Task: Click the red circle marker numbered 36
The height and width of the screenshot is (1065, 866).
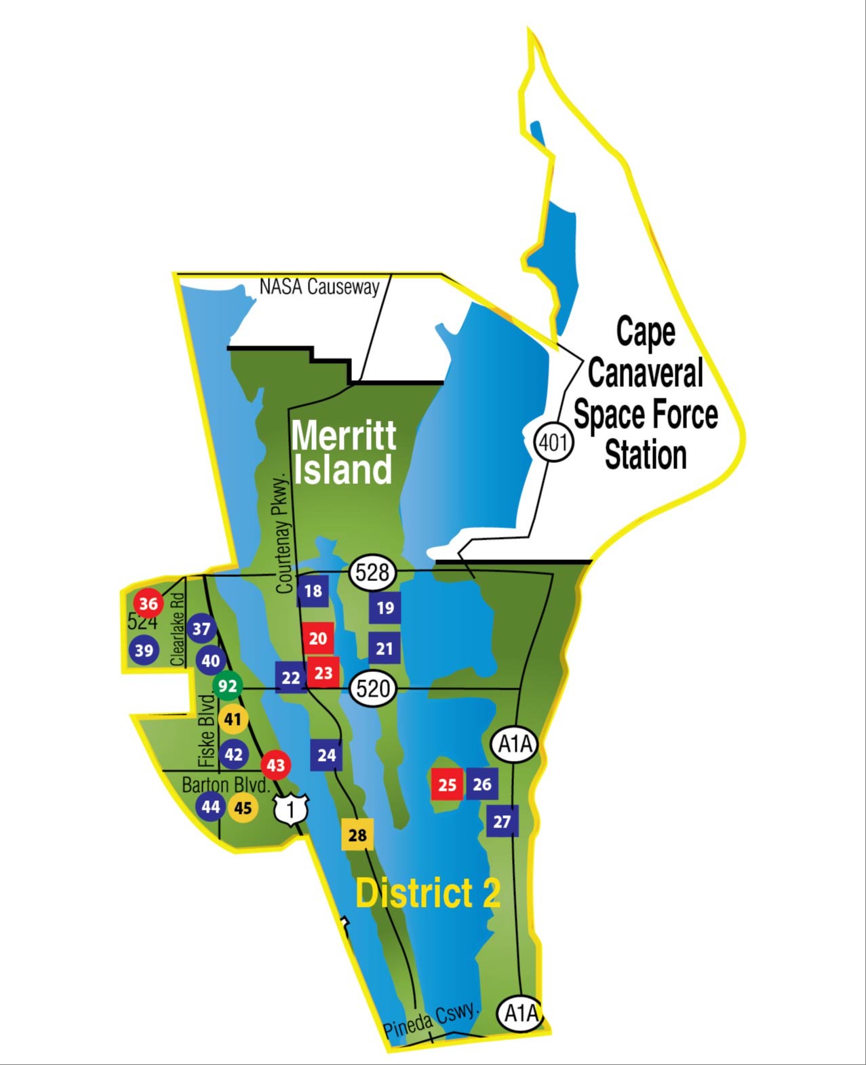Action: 148,603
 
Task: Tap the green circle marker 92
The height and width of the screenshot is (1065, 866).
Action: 227,686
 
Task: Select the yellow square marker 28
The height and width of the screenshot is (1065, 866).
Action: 357,835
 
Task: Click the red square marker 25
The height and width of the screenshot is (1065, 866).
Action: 447,785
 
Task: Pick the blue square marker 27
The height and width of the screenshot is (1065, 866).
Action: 502,822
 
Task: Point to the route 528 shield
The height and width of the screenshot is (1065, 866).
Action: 372,573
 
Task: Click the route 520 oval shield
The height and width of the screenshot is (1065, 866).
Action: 373,689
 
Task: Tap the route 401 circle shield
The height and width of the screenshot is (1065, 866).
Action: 554,443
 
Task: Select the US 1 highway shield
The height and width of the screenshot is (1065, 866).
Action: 291,809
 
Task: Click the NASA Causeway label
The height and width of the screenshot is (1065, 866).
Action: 319,287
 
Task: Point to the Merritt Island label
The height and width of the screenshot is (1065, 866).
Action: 343,453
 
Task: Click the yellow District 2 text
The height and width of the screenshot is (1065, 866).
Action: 428,893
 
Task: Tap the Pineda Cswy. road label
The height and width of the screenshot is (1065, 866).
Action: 431,1020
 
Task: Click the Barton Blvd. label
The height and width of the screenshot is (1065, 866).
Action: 226,785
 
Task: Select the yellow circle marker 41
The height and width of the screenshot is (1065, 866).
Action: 233,719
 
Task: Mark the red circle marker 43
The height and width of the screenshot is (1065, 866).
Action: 275,766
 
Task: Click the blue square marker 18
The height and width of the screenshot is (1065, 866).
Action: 313,591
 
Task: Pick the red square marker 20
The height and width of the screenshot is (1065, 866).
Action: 318,638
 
